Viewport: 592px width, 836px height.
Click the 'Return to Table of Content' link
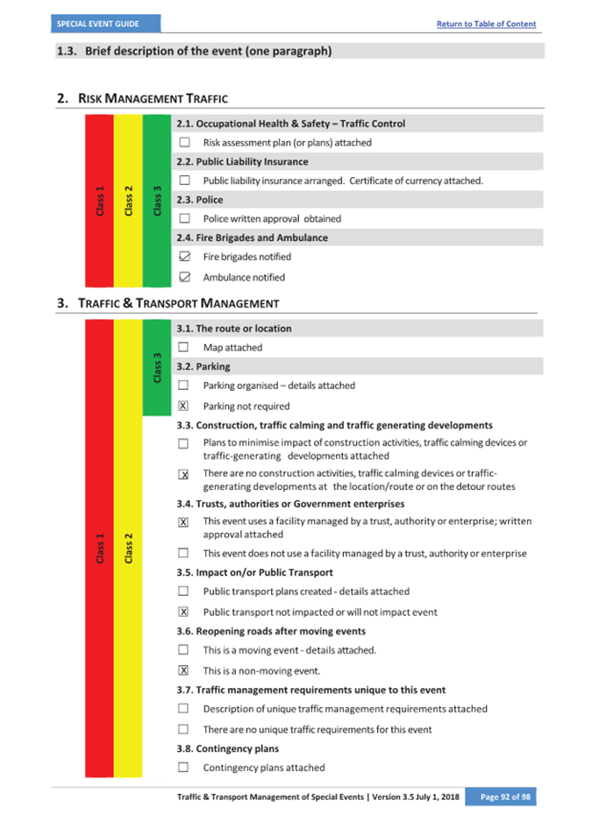pos(486,24)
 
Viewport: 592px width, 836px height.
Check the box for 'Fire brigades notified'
pos(184,257)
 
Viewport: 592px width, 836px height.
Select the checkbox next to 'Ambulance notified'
pos(184,277)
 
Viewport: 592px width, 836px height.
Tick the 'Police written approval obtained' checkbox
pos(184,218)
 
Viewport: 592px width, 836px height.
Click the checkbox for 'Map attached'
pos(184,347)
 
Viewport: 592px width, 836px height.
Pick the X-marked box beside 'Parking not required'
pos(183,406)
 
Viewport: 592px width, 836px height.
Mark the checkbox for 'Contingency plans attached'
pos(184,767)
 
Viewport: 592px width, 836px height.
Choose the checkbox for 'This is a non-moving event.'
pos(183,670)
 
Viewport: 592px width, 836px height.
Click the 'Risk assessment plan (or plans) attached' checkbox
pos(184,142)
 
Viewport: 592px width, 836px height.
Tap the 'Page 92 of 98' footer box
pos(500,797)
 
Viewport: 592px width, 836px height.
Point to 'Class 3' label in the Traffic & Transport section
pos(157,367)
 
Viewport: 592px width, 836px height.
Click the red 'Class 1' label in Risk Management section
pos(100,201)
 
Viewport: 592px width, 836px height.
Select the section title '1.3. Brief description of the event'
pos(194,51)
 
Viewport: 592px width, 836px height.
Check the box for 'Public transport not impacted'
pos(183,612)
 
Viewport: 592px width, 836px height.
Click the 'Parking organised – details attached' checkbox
pos(184,385)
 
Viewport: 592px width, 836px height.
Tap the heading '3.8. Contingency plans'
pos(228,748)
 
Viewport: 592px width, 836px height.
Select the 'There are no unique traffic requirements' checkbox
pos(184,728)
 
